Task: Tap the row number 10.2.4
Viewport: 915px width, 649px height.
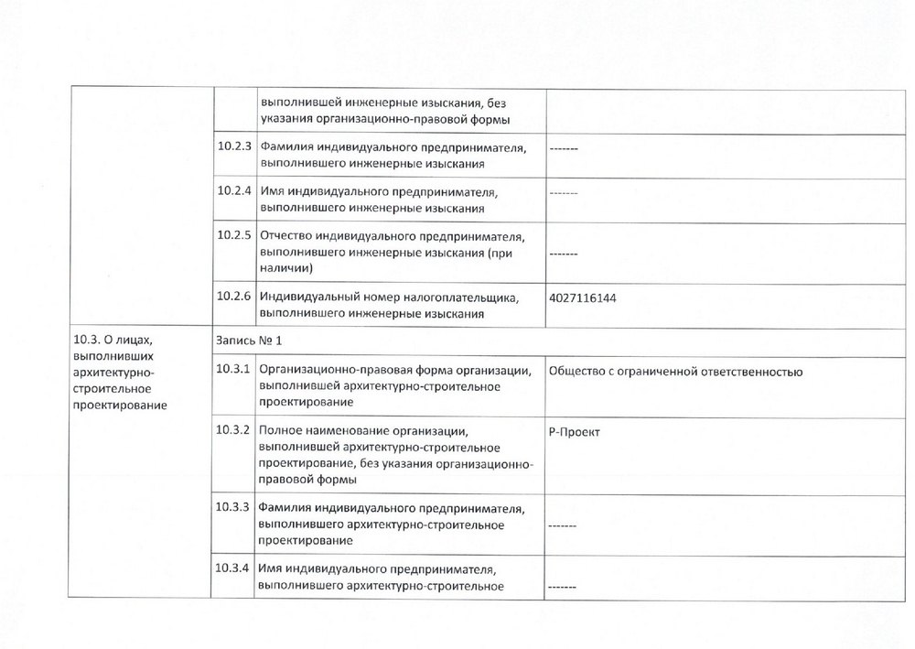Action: [234, 191]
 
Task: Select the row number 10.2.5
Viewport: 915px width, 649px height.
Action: [234, 235]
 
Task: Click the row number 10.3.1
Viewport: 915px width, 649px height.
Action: [234, 369]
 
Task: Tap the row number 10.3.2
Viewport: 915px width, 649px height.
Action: [234, 429]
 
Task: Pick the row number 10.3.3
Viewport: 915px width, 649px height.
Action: [234, 507]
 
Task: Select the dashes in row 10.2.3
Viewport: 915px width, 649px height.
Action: [565, 148]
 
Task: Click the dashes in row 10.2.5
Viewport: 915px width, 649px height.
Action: [565, 254]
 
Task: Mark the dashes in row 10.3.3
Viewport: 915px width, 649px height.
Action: [563, 526]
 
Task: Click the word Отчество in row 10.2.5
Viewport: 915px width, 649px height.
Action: [286, 235]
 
